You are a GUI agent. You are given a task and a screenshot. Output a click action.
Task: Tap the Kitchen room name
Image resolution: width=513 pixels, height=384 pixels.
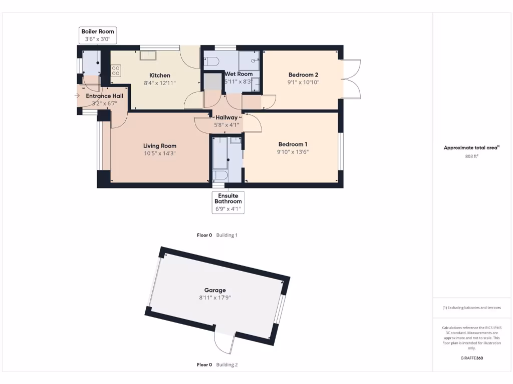[160, 75]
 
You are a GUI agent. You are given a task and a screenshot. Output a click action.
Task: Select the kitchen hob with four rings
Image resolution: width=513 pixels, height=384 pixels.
[116, 70]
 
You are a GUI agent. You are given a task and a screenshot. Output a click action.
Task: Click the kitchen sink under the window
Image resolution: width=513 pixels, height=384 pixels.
[149, 55]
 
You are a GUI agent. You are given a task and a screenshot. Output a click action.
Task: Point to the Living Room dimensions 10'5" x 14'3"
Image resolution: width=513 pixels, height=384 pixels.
[160, 153]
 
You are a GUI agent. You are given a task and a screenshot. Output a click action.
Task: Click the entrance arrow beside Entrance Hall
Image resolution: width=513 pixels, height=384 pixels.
[77, 95]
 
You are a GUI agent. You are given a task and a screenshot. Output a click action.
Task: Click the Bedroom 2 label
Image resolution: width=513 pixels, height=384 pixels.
[303, 75]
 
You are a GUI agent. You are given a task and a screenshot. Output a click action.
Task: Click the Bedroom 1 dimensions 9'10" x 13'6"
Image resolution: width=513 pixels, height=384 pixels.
[293, 151]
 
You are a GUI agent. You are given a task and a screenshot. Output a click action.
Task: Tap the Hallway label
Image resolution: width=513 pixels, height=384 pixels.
[226, 117]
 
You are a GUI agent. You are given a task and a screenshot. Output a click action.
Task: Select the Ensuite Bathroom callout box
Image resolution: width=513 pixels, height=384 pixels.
[228, 202]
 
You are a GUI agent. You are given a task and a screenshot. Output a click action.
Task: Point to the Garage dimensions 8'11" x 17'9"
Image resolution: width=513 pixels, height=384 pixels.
[215, 297]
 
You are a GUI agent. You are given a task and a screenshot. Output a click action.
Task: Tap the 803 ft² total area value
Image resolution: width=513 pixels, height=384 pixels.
[471, 156]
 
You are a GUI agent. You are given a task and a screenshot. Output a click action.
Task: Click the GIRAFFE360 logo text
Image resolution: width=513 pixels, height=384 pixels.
[471, 358]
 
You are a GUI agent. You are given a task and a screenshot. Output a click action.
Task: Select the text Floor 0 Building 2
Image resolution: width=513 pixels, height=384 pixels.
[217, 364]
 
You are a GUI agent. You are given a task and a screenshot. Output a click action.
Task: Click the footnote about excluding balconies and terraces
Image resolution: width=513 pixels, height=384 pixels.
[471, 307]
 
